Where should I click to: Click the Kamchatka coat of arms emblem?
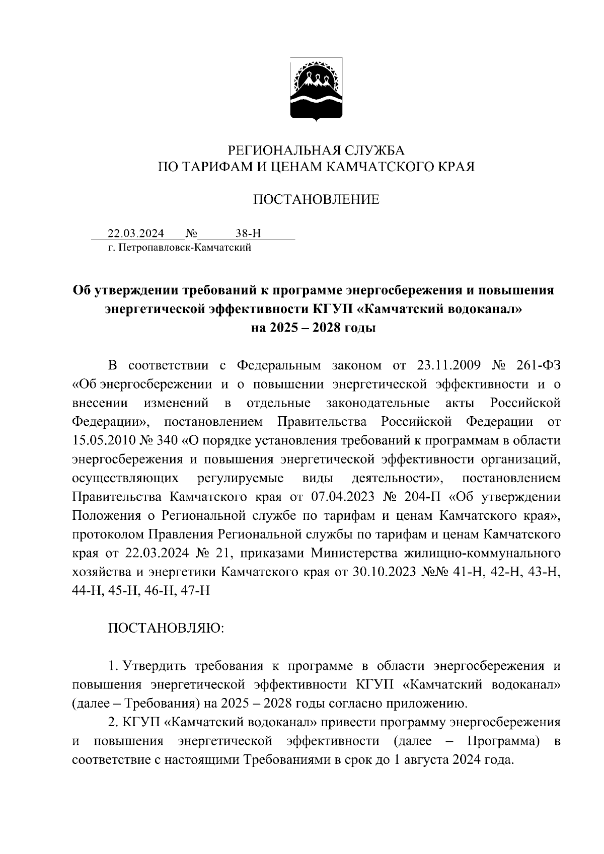point(316,90)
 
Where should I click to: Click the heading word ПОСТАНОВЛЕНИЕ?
point(316,200)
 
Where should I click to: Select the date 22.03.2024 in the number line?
point(136,234)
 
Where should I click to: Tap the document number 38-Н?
point(248,234)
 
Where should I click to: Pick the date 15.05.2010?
point(103,441)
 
